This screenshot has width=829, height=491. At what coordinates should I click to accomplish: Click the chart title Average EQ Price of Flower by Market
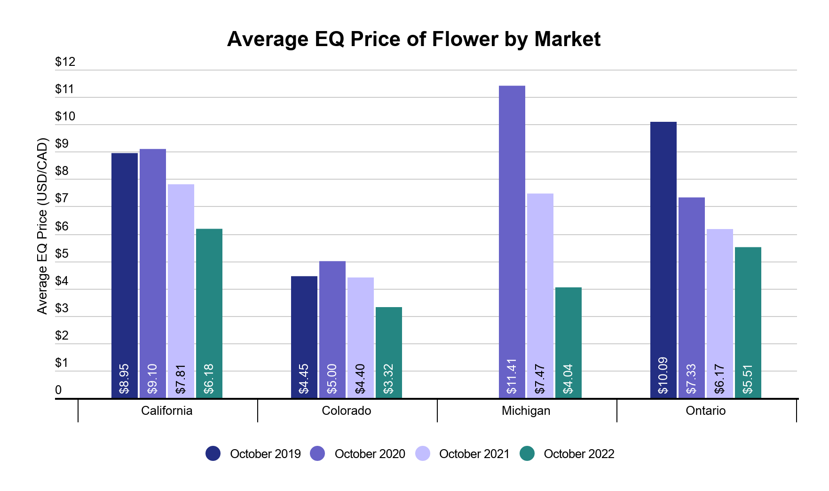pos(414,39)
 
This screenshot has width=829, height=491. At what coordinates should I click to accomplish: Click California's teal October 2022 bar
pos(209,296)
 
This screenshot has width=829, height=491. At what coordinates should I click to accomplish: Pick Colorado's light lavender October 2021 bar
pos(360,320)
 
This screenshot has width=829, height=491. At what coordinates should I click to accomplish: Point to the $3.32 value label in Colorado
pos(388,379)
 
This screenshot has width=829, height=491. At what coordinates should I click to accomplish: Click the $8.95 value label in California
pos(124,379)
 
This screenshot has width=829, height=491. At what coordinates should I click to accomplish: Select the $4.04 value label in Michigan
pos(568,379)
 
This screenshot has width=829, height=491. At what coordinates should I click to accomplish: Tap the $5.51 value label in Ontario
pos(748,379)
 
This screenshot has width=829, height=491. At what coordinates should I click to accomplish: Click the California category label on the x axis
pos(166,411)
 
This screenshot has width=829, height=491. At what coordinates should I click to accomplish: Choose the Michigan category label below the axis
pos(526,411)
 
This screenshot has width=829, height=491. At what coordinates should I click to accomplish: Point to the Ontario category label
pos(705,411)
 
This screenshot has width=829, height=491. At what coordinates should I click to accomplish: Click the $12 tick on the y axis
pos(65,62)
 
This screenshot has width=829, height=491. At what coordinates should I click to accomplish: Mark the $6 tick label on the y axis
pos(62,226)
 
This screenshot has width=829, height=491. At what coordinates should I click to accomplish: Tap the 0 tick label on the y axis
pos(58,390)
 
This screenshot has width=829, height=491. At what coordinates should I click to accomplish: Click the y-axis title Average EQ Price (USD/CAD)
pos(42,226)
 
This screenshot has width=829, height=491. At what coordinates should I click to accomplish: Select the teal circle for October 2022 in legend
pos(527,453)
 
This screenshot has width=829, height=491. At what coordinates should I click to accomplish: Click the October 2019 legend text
pos(265,454)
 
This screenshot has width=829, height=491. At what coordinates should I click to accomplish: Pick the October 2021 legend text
pos(474,454)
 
